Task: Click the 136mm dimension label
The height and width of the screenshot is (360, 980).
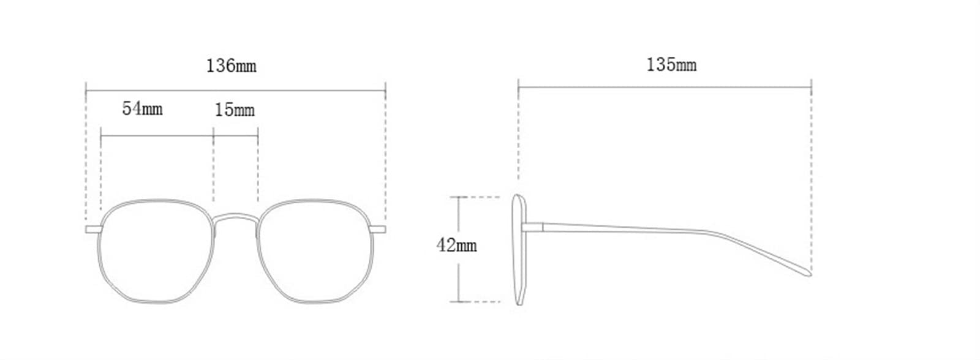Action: pyautogui.click(x=231, y=66)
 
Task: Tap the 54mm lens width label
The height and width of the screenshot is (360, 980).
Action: pyautogui.click(x=142, y=108)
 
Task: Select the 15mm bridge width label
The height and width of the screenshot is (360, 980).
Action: pyautogui.click(x=235, y=110)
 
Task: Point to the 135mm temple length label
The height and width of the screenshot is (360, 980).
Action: pyautogui.click(x=671, y=65)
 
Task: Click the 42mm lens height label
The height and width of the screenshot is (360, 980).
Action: pyautogui.click(x=456, y=245)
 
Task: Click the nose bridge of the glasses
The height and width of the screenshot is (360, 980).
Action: pyautogui.click(x=235, y=217)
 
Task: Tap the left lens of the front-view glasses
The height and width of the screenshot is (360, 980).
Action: pyautogui.click(x=156, y=251)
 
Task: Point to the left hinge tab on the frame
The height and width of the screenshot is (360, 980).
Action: pyautogui.click(x=94, y=230)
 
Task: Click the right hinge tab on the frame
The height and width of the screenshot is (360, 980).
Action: pyautogui.click(x=378, y=230)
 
